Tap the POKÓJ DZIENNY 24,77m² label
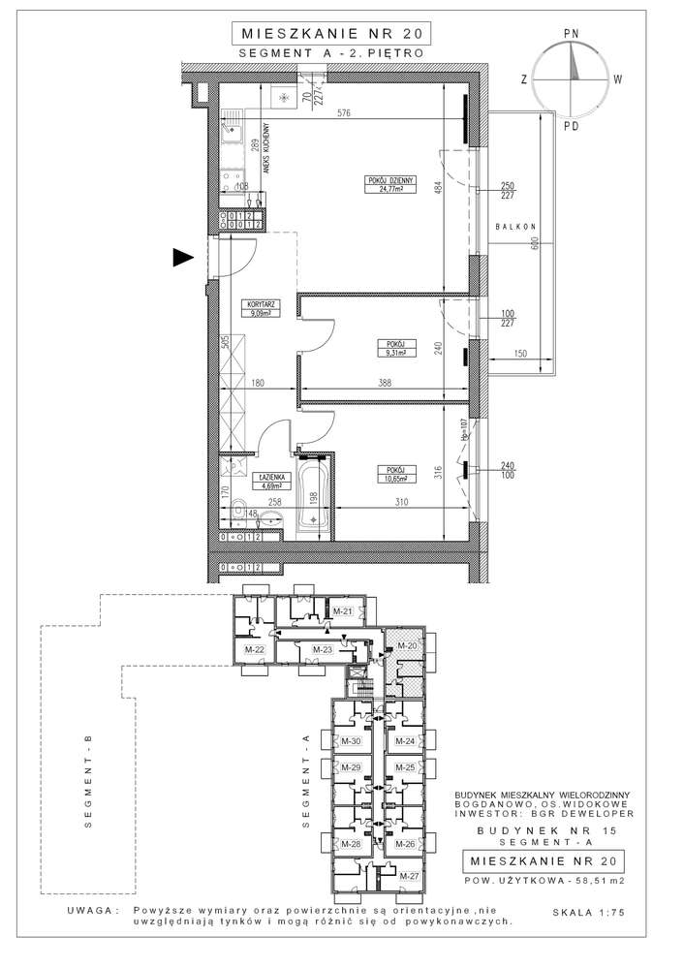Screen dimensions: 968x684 tap(390, 185)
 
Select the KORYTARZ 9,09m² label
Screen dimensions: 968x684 tap(261, 308)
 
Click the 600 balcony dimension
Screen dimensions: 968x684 tap(533, 246)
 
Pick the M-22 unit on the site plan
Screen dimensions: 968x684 tap(255, 649)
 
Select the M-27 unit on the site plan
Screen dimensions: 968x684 tap(410, 877)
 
